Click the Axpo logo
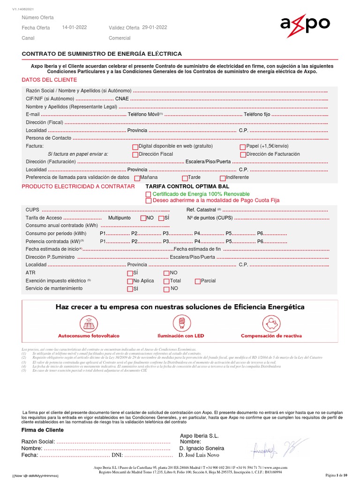tap(305, 24)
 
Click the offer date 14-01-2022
tap(75, 28)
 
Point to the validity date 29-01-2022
tap(155, 28)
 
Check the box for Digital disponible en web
tap(136, 147)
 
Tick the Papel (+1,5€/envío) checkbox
tap(243, 147)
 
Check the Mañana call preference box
tap(137, 178)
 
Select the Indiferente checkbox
tap(223, 178)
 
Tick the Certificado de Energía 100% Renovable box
tap(149, 194)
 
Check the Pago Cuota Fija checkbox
tap(149, 201)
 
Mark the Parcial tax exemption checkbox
tap(197, 281)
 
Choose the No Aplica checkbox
tap(130, 281)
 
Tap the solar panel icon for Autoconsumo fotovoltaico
tap(89, 323)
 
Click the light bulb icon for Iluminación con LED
tap(180, 322)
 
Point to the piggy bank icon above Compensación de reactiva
tap(271, 322)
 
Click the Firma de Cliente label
tap(43, 430)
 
